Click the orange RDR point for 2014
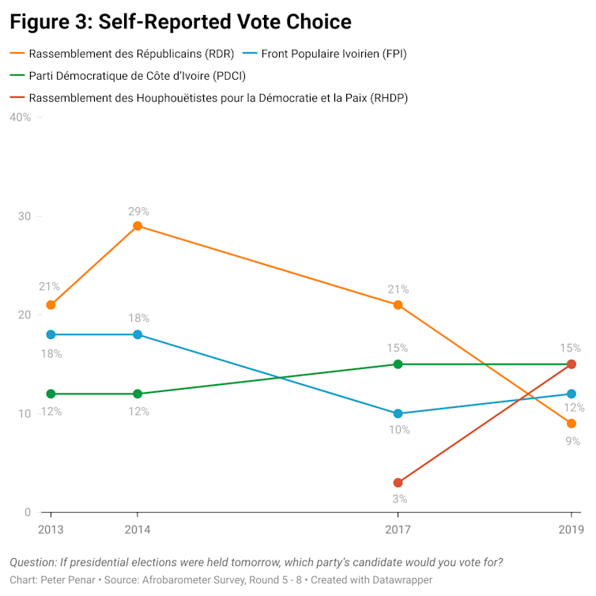click(138, 226)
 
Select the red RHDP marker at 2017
click(398, 483)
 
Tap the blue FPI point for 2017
click(398, 413)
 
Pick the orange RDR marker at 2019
click(571, 424)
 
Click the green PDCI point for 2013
click(51, 394)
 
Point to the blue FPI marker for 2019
click(571, 394)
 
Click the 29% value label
click(139, 211)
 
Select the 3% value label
click(399, 499)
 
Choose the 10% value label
click(398, 430)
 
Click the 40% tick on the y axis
click(19, 118)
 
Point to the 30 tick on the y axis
click(24, 217)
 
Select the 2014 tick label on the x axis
click(138, 529)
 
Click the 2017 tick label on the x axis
click(398, 529)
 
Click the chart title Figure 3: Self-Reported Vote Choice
click(180, 21)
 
